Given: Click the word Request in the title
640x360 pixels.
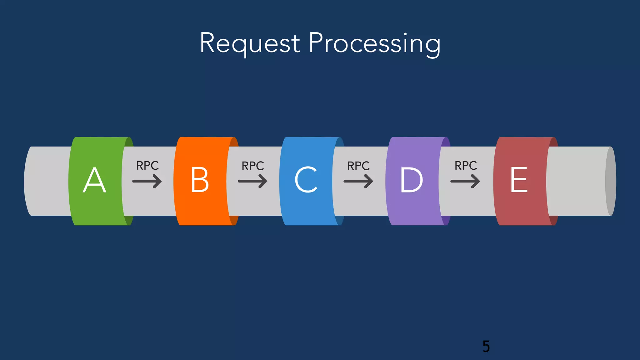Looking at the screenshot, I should coord(250,43).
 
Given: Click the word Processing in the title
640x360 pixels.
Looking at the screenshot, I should coord(375,44).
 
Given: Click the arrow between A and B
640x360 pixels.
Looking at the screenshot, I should coord(147,181).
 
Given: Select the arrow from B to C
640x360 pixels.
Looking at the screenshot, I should coord(252,181).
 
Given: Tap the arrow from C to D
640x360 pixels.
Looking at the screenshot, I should coord(358,181).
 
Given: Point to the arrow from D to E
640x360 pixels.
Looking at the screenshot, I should coord(465,181).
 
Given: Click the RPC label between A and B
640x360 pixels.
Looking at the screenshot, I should coord(147,166).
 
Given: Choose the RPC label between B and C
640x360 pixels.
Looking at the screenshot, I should coord(253,166).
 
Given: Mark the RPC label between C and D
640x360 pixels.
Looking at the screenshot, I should coord(358,166).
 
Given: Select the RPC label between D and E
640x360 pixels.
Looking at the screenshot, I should coord(466,166).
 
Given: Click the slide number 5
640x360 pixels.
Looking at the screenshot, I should coord(486,347).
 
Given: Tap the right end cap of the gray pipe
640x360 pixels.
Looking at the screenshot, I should coord(611,181).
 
